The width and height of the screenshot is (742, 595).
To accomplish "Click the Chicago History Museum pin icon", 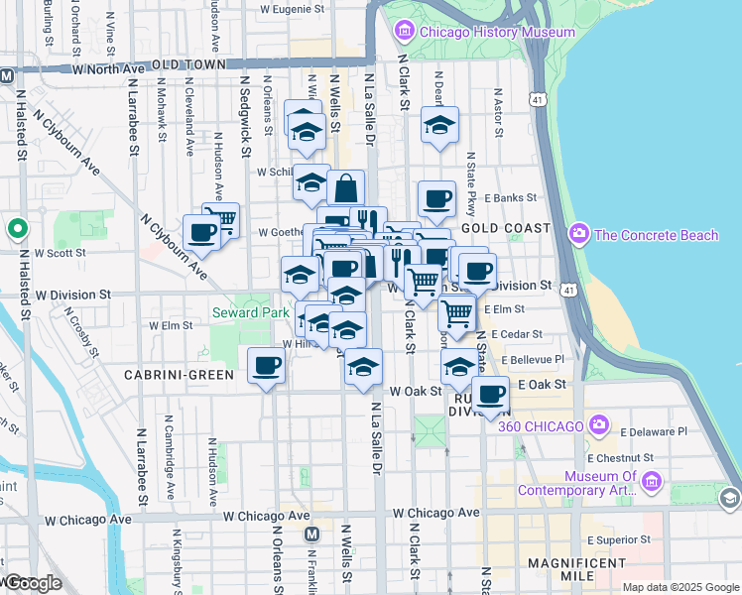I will click(x=405, y=32).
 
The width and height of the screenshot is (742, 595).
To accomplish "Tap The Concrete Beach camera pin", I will click(x=579, y=234).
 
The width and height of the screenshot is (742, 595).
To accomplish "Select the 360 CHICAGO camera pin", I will click(x=597, y=425).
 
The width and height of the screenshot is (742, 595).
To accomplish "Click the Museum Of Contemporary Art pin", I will click(x=652, y=483).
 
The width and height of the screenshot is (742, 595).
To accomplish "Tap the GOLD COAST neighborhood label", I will click(x=512, y=228).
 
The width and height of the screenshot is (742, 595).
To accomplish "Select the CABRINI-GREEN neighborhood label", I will click(x=179, y=375).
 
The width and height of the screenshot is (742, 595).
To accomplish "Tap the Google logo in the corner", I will click(x=32, y=583).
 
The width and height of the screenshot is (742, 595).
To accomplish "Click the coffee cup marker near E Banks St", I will click(x=436, y=198).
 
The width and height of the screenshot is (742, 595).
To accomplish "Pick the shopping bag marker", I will click(x=346, y=186).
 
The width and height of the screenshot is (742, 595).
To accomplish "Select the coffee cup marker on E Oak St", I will click(x=490, y=395).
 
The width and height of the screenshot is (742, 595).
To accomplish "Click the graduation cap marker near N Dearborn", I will click(x=439, y=125).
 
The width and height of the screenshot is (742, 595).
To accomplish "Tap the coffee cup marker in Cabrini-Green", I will click(x=266, y=366).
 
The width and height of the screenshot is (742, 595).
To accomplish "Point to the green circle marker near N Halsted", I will click(x=17, y=230).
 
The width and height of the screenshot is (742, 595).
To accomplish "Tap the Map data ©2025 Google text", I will click(x=680, y=587).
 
